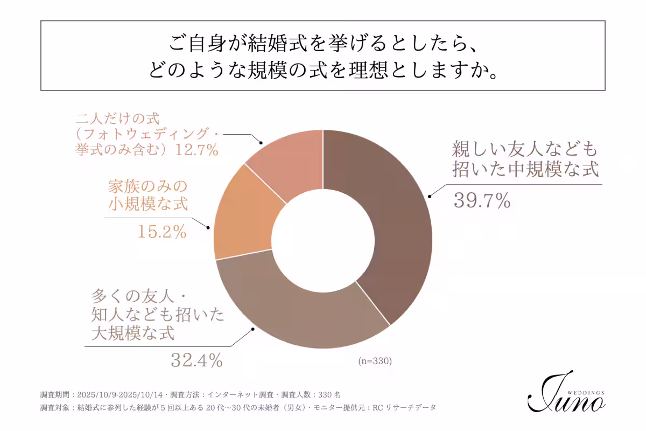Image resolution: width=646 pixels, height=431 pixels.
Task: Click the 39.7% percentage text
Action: [x=482, y=201]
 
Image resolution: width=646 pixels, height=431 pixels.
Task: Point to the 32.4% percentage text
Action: [x=196, y=360]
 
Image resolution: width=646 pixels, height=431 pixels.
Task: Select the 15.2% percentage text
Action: [x=161, y=232]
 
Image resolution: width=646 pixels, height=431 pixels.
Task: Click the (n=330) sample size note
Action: [x=375, y=361]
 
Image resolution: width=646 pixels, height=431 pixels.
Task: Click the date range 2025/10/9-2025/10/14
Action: [x=119, y=394]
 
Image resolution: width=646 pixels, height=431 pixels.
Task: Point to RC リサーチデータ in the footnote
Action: [x=404, y=408]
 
